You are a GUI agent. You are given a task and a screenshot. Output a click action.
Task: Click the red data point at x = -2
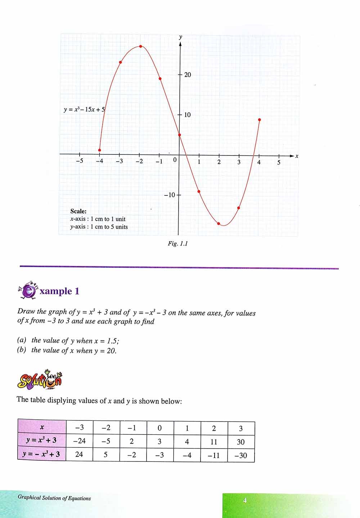coord(140,46)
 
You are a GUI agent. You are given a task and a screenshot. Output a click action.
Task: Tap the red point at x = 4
coord(260,120)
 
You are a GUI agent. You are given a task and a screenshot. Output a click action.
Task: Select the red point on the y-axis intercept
coord(180,135)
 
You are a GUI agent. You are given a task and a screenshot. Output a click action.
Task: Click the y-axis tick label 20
coord(188,75)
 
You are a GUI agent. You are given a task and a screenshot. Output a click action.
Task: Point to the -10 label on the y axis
coord(169,195)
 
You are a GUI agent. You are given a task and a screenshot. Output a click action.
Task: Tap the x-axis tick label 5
coord(279,163)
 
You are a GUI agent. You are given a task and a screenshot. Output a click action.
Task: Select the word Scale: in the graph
coord(78,211)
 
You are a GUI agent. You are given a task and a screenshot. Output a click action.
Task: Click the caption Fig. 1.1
coord(178,244)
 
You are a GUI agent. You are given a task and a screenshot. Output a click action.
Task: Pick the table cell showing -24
coord(79,441)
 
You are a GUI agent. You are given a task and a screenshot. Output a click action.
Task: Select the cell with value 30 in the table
coord(241,442)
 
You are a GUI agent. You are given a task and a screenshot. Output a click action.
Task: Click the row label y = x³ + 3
coord(42,441)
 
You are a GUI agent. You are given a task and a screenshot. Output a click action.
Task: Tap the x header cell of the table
coord(42,427)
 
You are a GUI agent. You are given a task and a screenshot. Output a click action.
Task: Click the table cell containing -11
coord(214,455)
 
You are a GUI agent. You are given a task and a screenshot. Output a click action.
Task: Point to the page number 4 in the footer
coord(245,500)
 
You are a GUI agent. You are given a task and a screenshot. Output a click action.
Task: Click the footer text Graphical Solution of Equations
coord(54,498)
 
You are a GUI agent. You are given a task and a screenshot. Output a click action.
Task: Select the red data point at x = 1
coord(199,192)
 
